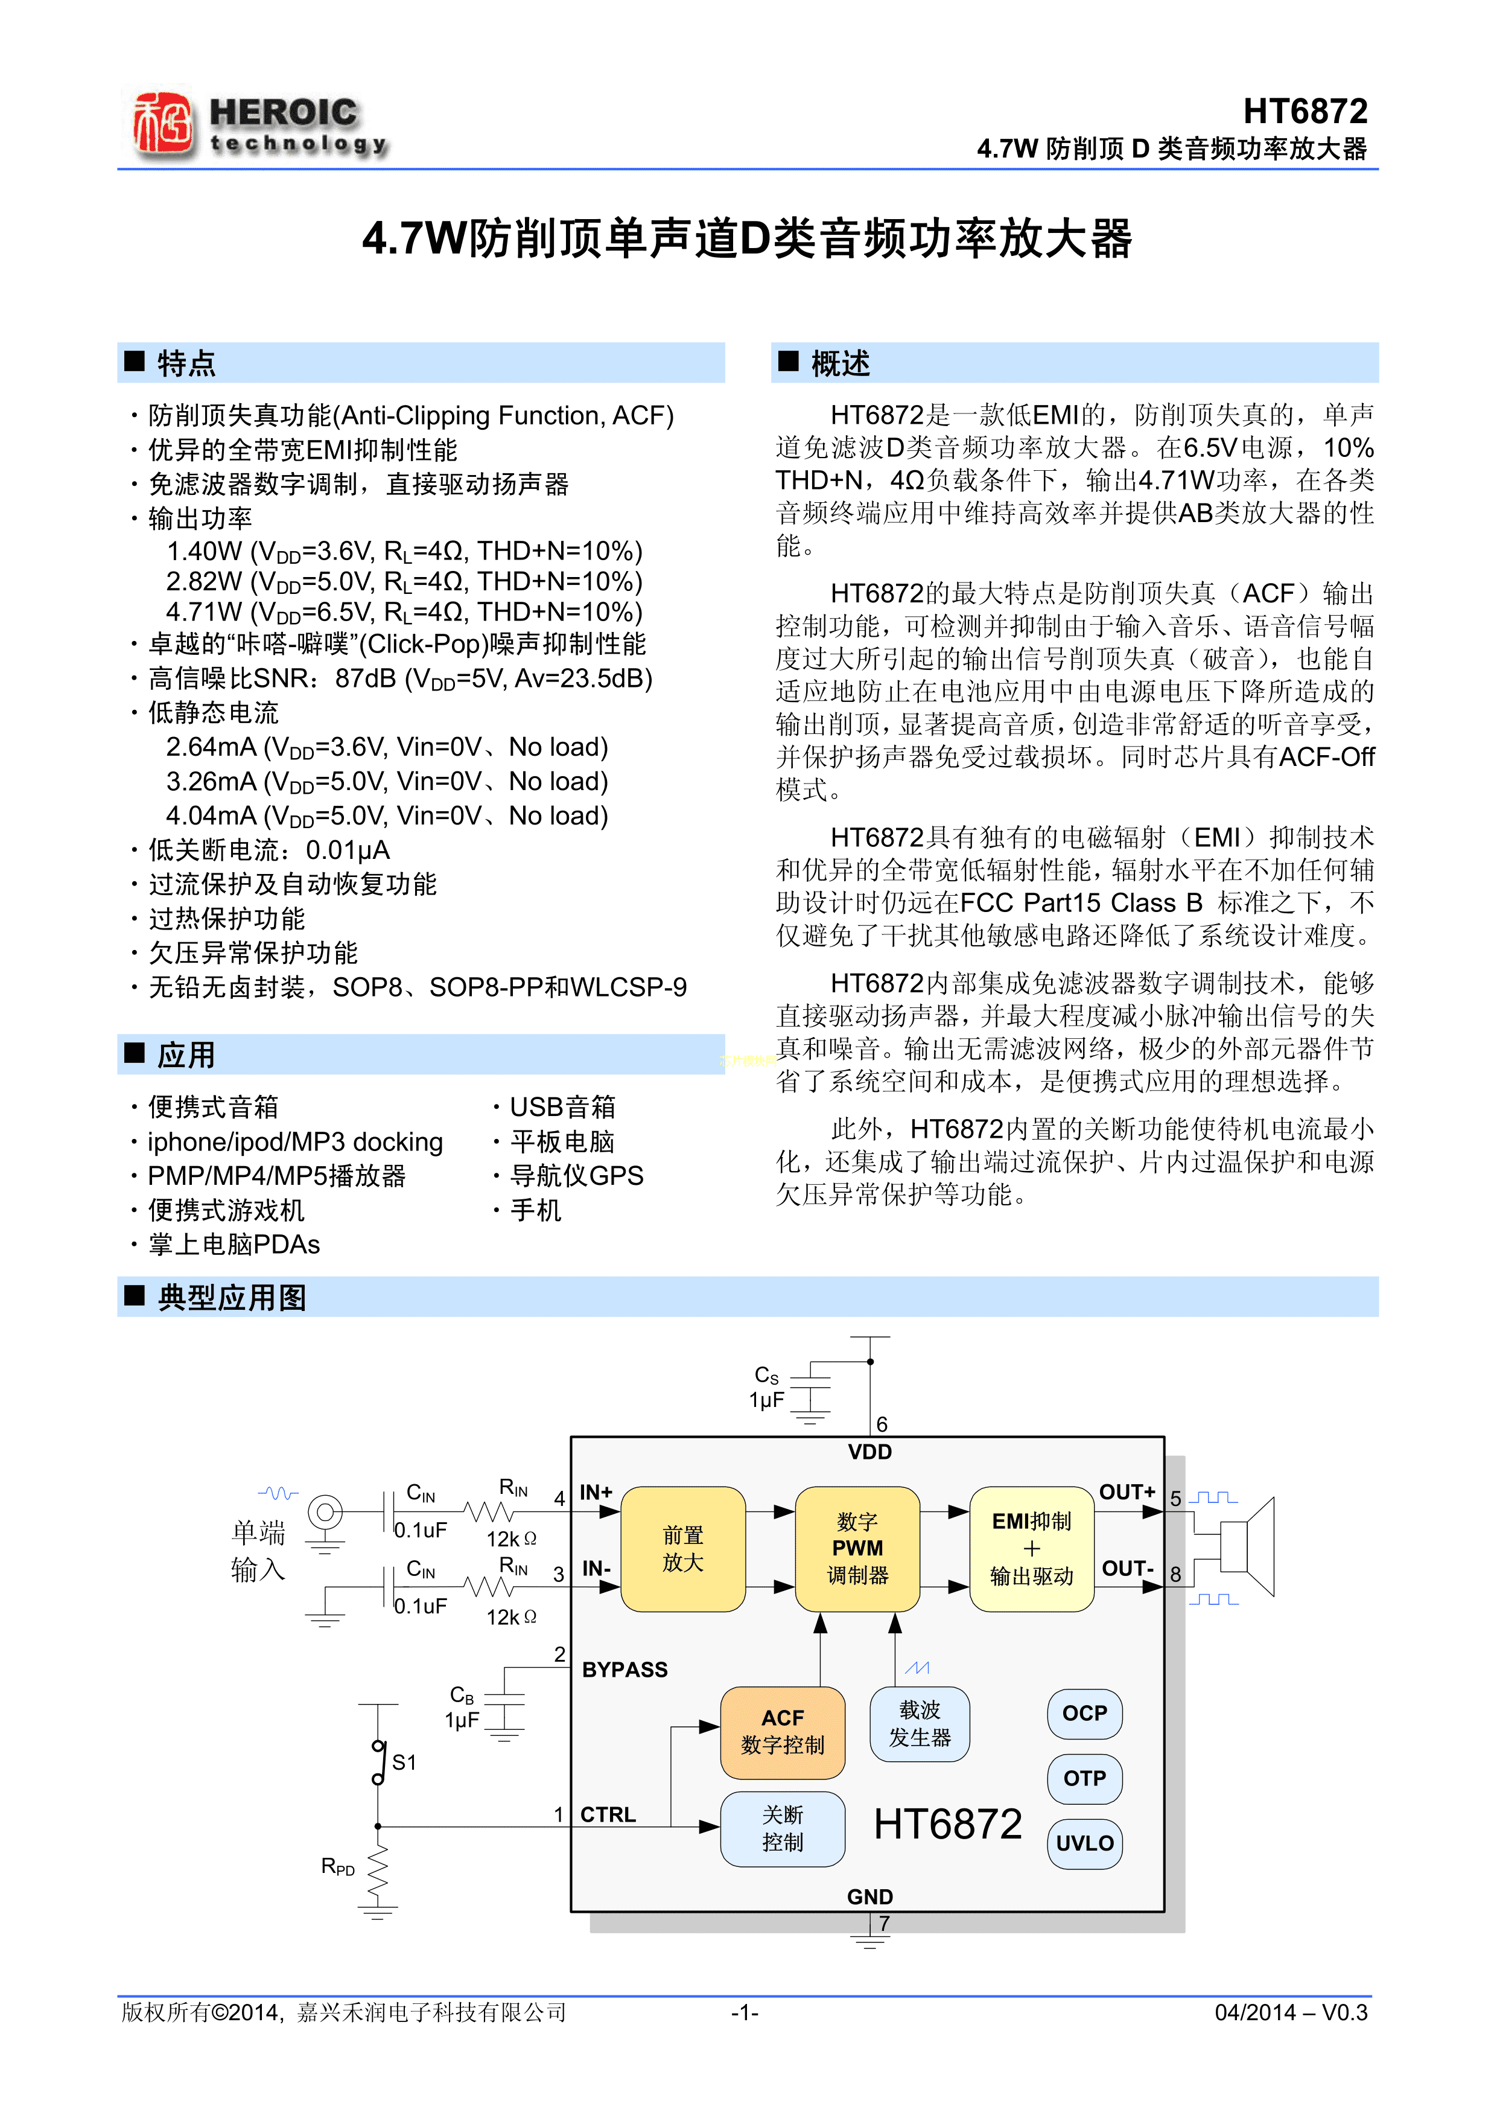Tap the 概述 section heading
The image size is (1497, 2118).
[x=839, y=363]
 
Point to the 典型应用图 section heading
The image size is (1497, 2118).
[x=230, y=1297]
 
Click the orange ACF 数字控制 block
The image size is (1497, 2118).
[x=782, y=1732]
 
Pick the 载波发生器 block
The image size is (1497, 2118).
[x=919, y=1723]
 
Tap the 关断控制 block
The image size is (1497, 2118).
[x=782, y=1828]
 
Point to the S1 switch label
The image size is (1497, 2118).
[x=404, y=1763]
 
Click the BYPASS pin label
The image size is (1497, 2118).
[x=625, y=1670]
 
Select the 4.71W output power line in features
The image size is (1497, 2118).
[x=404, y=613]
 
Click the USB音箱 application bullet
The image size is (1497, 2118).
[x=562, y=1107]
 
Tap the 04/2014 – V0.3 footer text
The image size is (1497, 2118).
[x=1291, y=2012]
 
